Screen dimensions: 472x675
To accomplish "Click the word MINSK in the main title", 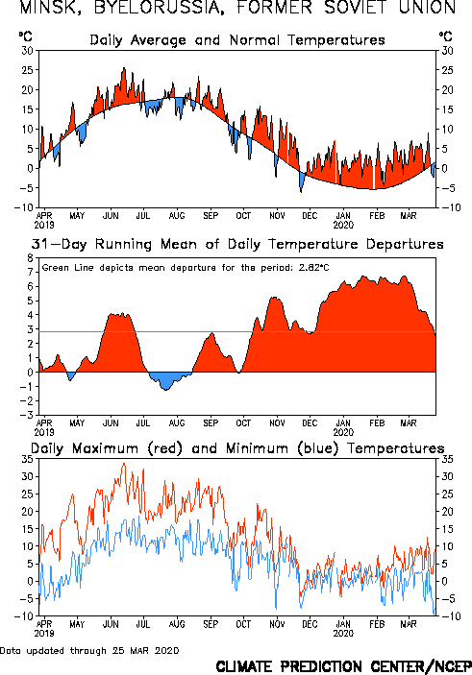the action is tap(47, 8).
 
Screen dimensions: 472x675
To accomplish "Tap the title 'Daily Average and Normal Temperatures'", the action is tap(237, 40).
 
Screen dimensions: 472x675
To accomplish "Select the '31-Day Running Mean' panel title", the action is tap(237, 244).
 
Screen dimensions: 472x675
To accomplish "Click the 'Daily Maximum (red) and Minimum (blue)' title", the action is tap(237, 448).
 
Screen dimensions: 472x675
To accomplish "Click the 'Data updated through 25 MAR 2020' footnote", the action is tap(89, 650).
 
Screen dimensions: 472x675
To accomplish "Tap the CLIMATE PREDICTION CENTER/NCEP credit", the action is tap(343, 666).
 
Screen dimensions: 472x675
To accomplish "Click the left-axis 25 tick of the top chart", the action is tap(27, 70).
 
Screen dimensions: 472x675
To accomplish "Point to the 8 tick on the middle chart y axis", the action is tap(30, 258).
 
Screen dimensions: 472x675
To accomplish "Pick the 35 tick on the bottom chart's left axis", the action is tap(27, 459).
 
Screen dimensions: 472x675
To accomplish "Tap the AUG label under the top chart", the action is tap(177, 215).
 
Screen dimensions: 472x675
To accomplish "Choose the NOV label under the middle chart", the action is tap(277, 423).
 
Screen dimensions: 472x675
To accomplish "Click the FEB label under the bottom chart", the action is tap(377, 624).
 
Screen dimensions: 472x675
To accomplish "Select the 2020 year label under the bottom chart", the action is tap(343, 634).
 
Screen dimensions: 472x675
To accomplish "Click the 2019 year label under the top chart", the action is tap(44, 225).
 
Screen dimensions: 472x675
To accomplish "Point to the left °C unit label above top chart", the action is tap(25, 36).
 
